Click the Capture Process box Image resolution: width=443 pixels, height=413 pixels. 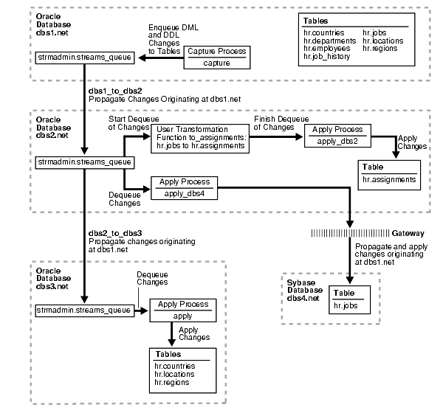pyautogui.click(x=216, y=57)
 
